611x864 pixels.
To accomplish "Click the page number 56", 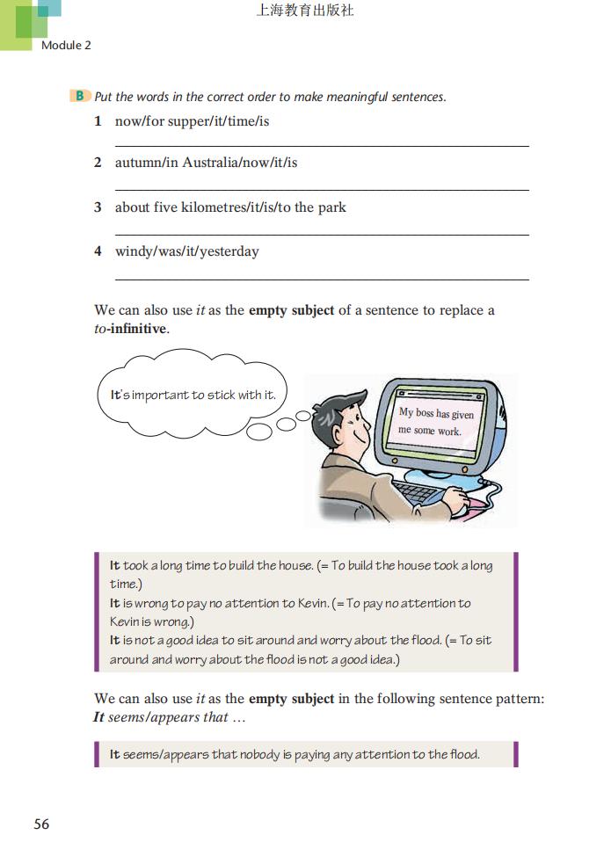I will tap(41, 824).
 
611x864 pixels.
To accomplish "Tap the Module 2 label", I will tap(66, 45).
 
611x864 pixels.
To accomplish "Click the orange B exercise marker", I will tap(80, 96).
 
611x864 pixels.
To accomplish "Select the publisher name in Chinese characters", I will tap(304, 11).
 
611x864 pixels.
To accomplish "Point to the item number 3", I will tap(98, 207).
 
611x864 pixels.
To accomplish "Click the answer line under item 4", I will tap(322, 280).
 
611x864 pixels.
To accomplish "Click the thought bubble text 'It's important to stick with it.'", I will tap(193, 395).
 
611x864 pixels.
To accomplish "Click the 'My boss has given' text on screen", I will tap(436, 413).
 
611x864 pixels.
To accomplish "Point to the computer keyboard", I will tap(421, 492).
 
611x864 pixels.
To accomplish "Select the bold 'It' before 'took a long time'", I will tap(114, 566).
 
